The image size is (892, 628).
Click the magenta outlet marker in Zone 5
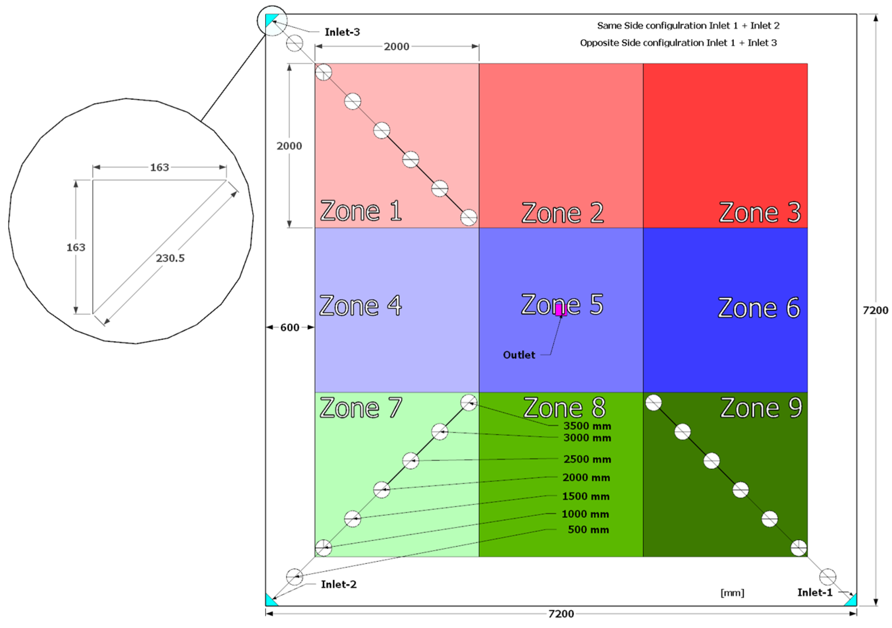tap(561, 310)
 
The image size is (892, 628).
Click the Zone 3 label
tap(760, 213)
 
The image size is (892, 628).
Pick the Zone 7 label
tap(361, 408)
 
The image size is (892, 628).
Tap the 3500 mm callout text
tap(587, 426)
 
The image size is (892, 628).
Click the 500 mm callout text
tap(588, 530)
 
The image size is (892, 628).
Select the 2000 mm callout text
tap(586, 477)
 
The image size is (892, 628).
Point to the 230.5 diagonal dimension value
tap(170, 258)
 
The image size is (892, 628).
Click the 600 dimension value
tap(289, 327)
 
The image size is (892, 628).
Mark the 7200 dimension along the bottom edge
tap(561, 614)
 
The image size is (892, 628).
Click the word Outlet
tap(519, 355)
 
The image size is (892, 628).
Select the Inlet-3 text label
tap(342, 32)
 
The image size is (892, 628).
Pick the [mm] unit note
tap(732, 593)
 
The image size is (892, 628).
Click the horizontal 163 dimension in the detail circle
tap(159, 167)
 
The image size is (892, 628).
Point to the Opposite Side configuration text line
tap(678, 43)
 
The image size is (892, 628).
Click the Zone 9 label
tap(761, 408)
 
